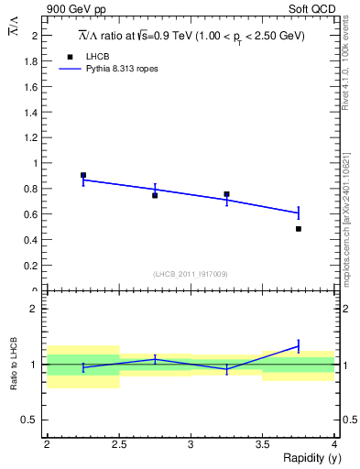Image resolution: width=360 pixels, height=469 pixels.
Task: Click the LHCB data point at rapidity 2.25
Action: click(x=83, y=175)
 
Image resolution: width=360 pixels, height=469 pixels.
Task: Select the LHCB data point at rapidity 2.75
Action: click(x=155, y=195)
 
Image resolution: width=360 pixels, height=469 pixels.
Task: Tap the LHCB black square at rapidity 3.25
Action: click(x=226, y=194)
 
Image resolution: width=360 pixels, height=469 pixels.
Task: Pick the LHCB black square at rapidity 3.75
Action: click(x=299, y=229)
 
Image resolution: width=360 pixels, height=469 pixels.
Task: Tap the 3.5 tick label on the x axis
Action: click(x=263, y=443)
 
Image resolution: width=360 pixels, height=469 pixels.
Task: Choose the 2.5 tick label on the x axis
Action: click(x=119, y=443)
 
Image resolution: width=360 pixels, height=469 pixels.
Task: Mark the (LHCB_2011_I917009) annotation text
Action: click(x=191, y=274)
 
